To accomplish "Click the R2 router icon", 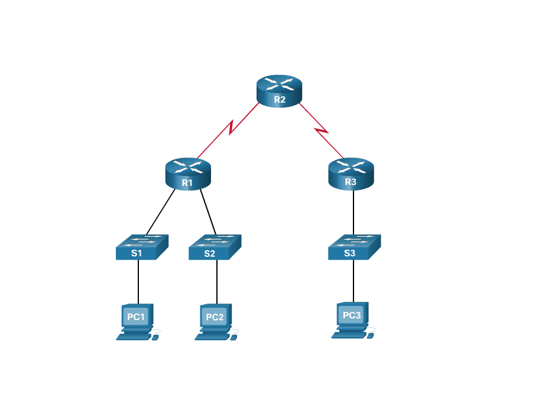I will pyautogui.click(x=280, y=92).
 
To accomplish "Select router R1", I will pyautogui.click(x=187, y=174).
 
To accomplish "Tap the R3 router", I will pyautogui.click(x=351, y=174).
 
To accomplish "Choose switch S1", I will pyautogui.click(x=142, y=247).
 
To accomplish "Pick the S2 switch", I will pyautogui.click(x=215, y=247).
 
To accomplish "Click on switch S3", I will pyautogui.click(x=354, y=247).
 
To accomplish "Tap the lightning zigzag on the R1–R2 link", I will pyautogui.click(x=231, y=127).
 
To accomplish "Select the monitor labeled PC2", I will pyautogui.click(x=215, y=317).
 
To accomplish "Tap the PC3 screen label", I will pyautogui.click(x=352, y=315).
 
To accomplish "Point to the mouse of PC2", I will pyautogui.click(x=233, y=338).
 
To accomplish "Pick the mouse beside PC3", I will pyautogui.click(x=371, y=336).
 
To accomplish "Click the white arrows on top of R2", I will pyautogui.click(x=280, y=83).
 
